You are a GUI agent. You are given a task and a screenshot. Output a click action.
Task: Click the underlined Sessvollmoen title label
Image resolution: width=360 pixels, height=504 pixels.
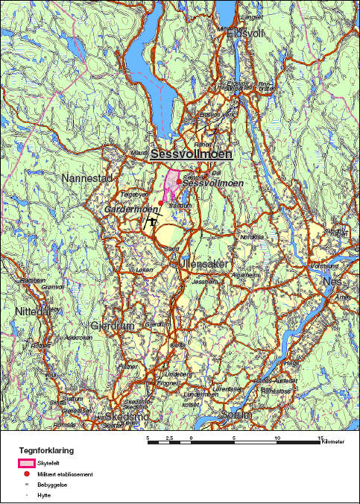point(192,154)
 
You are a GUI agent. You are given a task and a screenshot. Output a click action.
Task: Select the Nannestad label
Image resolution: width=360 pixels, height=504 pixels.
point(86,179)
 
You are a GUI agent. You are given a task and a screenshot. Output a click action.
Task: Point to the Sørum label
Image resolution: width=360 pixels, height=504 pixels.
point(239,415)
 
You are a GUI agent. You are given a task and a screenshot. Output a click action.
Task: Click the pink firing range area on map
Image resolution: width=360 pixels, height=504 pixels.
point(172,183)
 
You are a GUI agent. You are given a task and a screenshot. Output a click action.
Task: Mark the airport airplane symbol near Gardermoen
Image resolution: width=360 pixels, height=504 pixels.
point(151,221)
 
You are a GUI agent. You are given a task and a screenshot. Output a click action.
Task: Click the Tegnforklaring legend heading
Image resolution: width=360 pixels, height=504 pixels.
point(46,451)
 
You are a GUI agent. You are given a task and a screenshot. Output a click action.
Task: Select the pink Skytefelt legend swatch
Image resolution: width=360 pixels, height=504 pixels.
point(28,464)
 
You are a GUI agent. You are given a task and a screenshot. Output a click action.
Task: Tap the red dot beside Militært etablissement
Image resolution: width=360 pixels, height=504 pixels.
point(28,474)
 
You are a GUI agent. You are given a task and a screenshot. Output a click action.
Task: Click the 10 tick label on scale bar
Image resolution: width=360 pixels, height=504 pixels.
point(278,438)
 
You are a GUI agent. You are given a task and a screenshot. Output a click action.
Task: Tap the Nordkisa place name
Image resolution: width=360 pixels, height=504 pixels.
point(251,237)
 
